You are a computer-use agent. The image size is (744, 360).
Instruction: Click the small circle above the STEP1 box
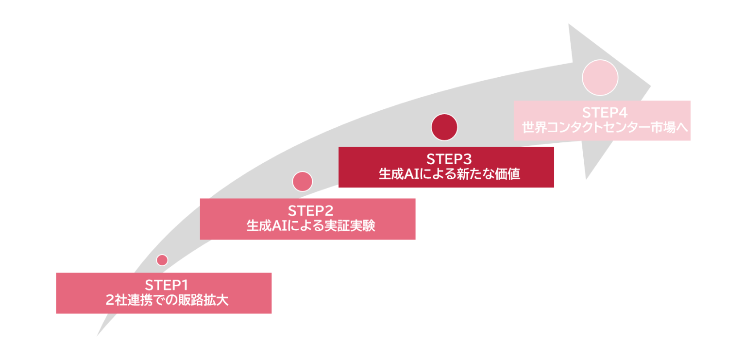[x=162, y=260]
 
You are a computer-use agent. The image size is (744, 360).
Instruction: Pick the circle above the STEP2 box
[x=303, y=181]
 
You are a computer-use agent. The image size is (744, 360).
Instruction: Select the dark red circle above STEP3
[x=444, y=127]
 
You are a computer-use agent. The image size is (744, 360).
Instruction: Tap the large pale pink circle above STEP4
[x=600, y=78]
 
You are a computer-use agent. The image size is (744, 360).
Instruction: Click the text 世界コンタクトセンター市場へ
[x=602, y=128]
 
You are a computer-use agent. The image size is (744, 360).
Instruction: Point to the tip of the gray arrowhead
[x=650, y=87]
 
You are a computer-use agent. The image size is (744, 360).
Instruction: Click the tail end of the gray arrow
[x=99, y=334]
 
